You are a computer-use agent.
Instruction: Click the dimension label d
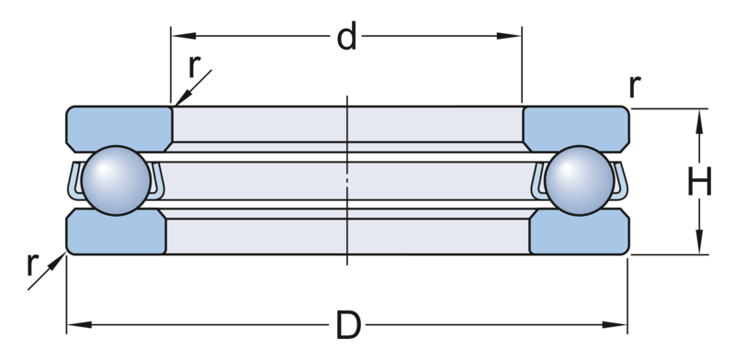[x=346, y=39]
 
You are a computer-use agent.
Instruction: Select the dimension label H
[x=701, y=184]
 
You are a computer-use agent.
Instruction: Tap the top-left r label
[x=195, y=65]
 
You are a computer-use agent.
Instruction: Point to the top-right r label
[x=633, y=88]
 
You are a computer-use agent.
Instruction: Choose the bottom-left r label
[x=34, y=267]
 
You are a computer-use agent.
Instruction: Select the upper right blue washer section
[x=576, y=127]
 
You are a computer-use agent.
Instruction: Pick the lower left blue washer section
[x=115, y=233]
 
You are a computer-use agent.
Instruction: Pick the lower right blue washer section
[x=579, y=233]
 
